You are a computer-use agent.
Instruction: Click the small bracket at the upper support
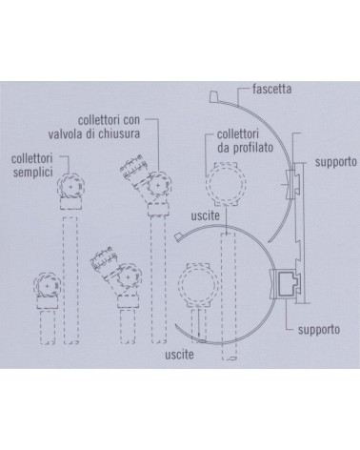point(286,182)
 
